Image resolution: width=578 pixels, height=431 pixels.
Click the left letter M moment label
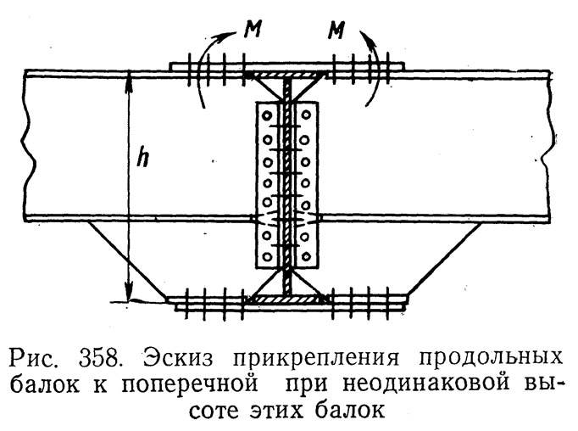253,30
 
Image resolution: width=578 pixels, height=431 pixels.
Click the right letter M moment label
336,31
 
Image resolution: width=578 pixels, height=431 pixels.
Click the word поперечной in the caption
190,384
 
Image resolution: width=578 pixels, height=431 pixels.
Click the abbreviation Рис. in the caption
34,358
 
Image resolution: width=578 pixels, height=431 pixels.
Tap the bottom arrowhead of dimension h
128,294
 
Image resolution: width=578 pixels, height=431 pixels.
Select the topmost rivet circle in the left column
267,116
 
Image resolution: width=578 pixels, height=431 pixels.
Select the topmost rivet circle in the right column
306,115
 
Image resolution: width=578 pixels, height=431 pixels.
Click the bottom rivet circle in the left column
268,256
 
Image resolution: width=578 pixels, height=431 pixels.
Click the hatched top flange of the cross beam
286,76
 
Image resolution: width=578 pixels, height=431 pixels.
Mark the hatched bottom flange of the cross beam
286,299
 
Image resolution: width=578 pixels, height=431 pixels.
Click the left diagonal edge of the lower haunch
128,260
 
